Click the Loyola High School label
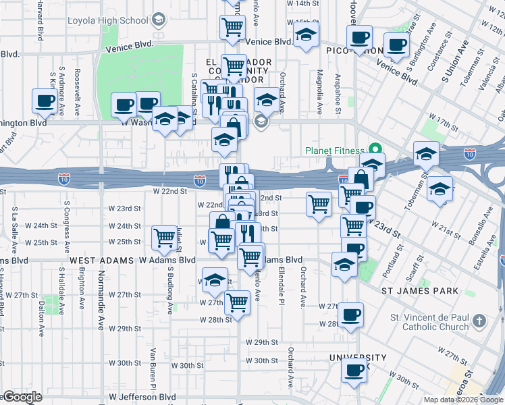click(x=108, y=20)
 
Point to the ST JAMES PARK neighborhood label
click(x=420, y=291)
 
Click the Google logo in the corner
click(x=22, y=397)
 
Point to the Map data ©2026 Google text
click(x=463, y=400)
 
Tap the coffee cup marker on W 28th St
click(x=350, y=315)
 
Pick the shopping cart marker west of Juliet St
click(x=164, y=238)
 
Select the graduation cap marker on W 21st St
click(x=440, y=188)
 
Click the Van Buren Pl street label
click(x=153, y=364)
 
